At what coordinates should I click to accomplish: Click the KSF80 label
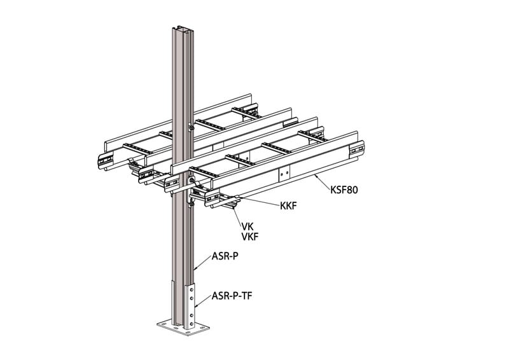[x=344, y=190]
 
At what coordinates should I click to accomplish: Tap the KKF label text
[x=289, y=205]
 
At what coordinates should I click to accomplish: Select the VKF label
[x=250, y=237]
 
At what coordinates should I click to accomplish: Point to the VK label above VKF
[x=248, y=226]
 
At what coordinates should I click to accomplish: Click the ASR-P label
[x=225, y=256]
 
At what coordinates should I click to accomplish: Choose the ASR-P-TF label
[x=232, y=296]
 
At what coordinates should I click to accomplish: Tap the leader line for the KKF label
[x=259, y=201]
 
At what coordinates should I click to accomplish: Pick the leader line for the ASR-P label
[x=202, y=263]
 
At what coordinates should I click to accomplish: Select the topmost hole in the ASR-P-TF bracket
[x=192, y=289]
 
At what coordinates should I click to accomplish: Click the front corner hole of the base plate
[x=187, y=332]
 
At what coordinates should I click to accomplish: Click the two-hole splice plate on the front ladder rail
[x=284, y=174]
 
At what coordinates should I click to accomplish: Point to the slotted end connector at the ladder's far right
[x=356, y=149]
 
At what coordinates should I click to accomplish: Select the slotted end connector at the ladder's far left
[x=105, y=162]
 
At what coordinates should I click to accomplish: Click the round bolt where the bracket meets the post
[x=193, y=180]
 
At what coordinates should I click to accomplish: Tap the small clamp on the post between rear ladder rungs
[x=192, y=127]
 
